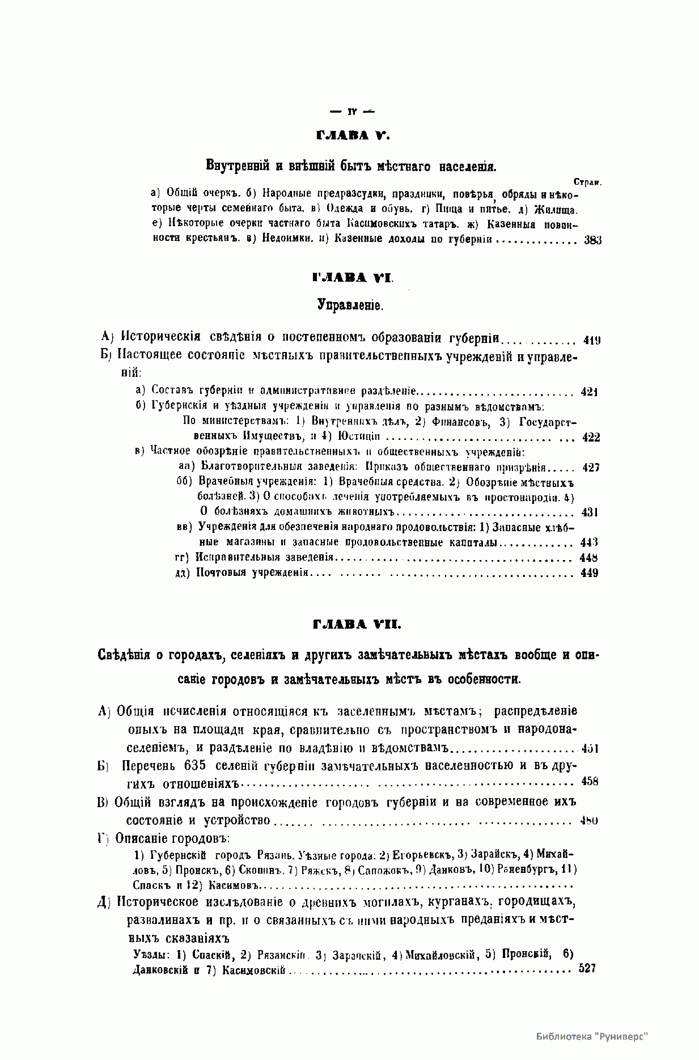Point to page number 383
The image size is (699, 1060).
(592, 240)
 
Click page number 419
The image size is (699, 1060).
(591, 341)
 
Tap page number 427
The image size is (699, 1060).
(590, 468)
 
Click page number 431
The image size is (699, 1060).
(590, 512)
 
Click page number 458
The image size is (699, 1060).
(590, 782)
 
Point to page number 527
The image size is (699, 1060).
(587, 969)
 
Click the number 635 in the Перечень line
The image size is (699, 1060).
(196, 765)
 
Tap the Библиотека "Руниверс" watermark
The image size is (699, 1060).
(591, 1036)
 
